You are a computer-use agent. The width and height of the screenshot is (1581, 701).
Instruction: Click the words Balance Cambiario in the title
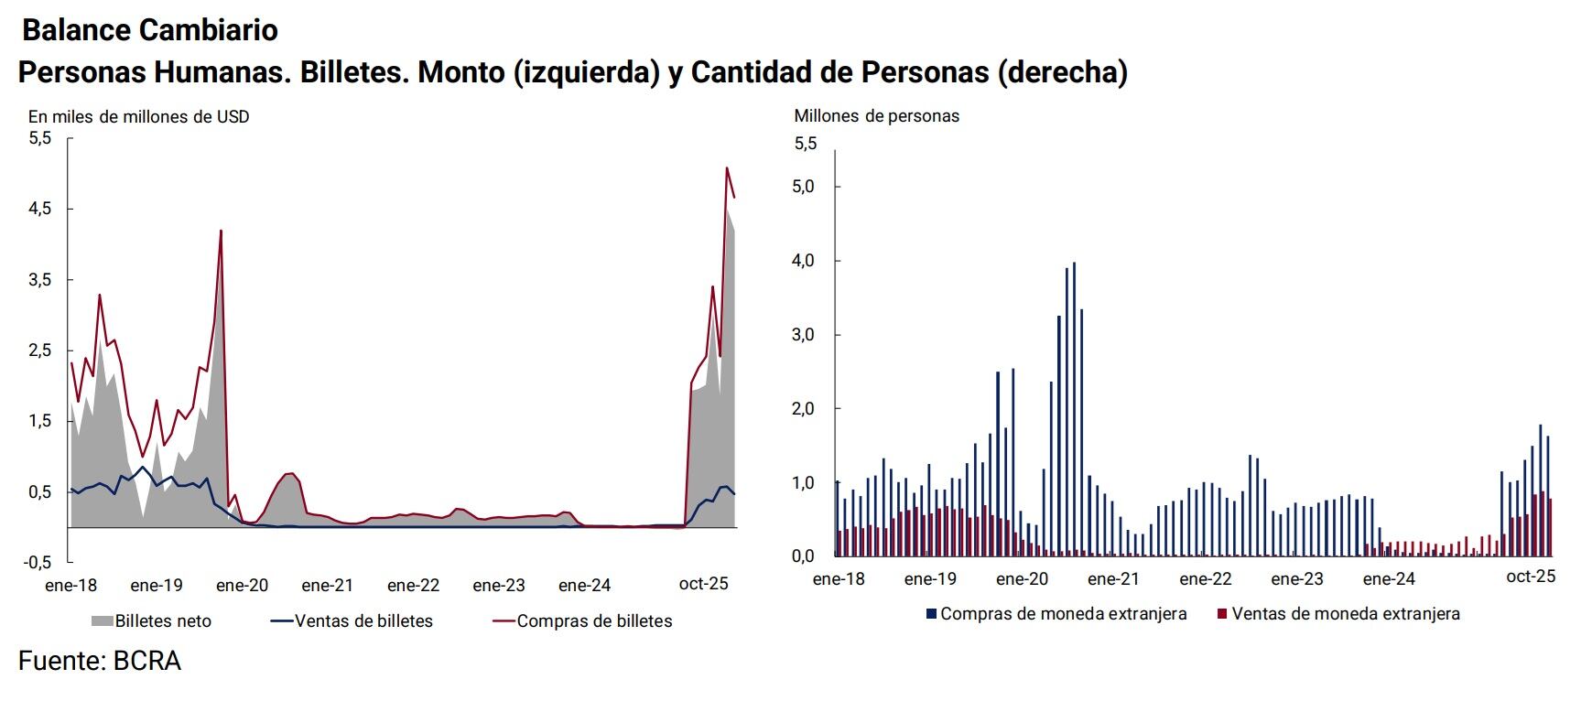pos(149,30)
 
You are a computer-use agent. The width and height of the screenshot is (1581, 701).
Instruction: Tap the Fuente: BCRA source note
pos(99,661)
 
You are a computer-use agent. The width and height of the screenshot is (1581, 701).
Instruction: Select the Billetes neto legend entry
pos(152,621)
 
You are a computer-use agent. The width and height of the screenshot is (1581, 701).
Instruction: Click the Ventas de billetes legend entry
pos(352,621)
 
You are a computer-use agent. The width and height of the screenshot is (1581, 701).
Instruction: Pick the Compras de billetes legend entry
pos(583,621)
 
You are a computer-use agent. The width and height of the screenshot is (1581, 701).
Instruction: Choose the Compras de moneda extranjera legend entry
pos(1056,614)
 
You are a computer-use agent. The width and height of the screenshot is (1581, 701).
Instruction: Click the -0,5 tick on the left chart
pos(38,562)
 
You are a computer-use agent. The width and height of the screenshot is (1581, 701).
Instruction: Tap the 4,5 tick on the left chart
pos(39,209)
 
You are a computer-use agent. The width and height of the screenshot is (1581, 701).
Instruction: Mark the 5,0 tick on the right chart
pos(803,187)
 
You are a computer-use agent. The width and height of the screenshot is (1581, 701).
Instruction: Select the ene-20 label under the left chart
pos(242,586)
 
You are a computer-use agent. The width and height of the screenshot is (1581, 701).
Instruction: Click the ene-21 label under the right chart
pos(1113,579)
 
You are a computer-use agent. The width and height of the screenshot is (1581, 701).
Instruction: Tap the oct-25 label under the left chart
pos(703,584)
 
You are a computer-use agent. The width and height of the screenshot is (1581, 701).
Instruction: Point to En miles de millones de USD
pos(138,117)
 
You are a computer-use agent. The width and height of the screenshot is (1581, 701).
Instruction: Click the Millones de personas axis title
pos(876,116)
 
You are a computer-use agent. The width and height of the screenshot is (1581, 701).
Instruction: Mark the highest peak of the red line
pos(727,168)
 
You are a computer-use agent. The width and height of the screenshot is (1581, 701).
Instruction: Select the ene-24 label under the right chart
pos(1388,579)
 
